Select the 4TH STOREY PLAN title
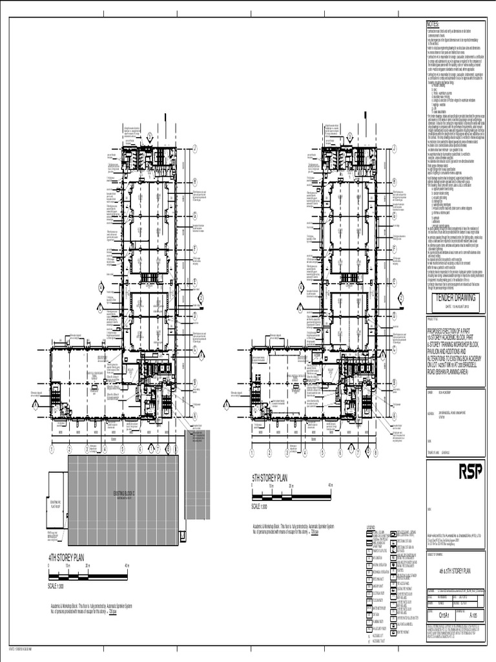(67, 557)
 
